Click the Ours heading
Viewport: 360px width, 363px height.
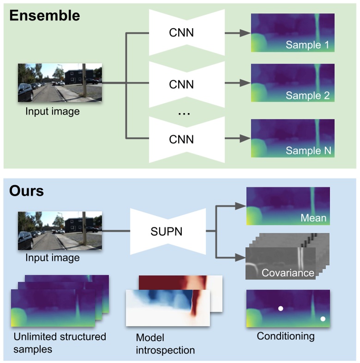(26, 190)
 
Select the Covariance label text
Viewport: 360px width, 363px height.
(288, 273)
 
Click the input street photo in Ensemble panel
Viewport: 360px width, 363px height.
(60, 83)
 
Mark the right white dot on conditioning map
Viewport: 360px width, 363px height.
(323, 319)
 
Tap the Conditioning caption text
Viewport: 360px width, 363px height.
(286, 336)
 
